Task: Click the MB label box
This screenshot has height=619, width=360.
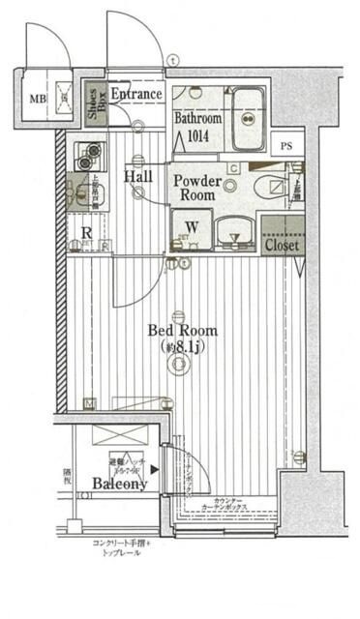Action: pos(36,98)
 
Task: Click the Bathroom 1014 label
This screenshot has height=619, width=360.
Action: pos(198,126)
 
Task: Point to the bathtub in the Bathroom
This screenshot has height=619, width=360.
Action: pos(250,119)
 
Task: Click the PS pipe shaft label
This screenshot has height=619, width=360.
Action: pos(285,146)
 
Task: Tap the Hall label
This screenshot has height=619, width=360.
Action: pos(136,176)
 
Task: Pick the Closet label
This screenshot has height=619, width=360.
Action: pos(283,246)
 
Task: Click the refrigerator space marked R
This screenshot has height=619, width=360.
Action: pos(86,233)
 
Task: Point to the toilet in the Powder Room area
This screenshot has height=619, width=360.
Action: pos(274,186)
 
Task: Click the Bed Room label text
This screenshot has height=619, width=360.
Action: pos(182,330)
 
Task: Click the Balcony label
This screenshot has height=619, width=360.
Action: pos(120,483)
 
